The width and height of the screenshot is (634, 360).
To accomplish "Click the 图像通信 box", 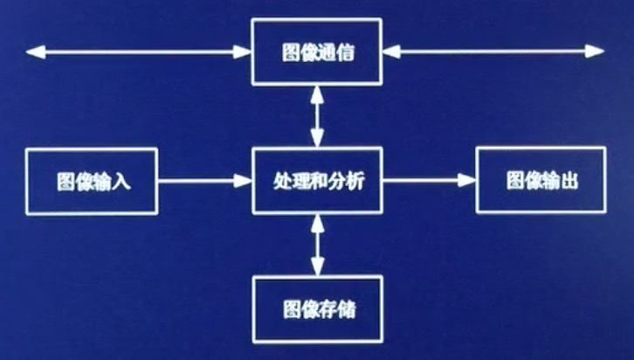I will pos(317,52).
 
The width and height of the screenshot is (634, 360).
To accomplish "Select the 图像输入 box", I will pos(92,181).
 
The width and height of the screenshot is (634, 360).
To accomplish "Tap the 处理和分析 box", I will pos(317,181).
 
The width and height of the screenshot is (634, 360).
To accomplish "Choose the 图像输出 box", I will pos(541,181).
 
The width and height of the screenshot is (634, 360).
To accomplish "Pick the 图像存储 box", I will pos(317,308).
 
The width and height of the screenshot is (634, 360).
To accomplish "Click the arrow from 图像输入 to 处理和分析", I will pos(204,181).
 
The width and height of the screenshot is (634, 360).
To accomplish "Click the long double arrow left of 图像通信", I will pos(138,52).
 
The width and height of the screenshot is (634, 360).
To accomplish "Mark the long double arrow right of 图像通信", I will pos(496,52).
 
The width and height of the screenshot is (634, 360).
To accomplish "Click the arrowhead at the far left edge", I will pos(33,52).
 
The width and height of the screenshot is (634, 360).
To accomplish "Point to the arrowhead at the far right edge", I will pos(601,52).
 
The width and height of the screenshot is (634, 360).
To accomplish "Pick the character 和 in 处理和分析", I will pos(317,182).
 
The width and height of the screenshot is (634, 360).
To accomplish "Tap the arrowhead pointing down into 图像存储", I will pos(317,267).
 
